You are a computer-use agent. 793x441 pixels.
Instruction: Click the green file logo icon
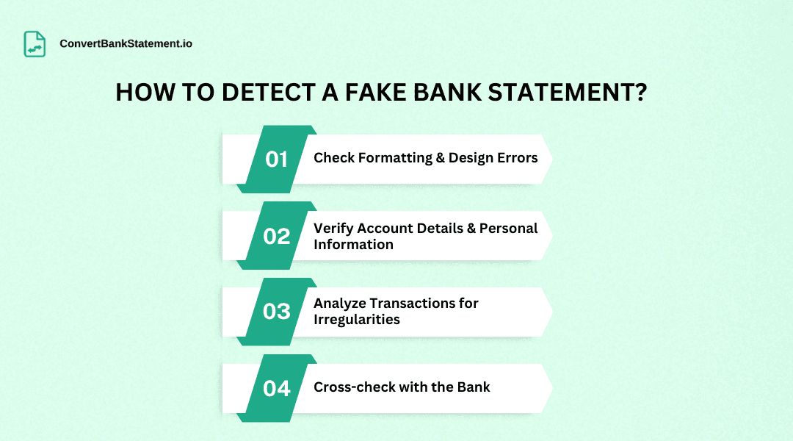coord(35,43)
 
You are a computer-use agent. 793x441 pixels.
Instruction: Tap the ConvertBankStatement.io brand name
coord(126,44)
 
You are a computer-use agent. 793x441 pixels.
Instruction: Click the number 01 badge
coord(277,159)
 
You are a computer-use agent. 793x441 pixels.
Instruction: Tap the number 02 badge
coord(277,236)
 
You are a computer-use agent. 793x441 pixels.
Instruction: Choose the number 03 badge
coord(277,312)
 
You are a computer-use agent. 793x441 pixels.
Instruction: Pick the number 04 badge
coord(277,388)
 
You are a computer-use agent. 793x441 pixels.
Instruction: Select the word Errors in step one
coord(516,158)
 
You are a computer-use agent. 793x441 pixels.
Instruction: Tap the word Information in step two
coord(353,245)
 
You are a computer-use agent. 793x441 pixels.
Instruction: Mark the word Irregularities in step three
coord(357,320)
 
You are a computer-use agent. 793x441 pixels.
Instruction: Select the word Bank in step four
coord(474,387)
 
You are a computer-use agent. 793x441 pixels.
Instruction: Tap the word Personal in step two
coord(509,229)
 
